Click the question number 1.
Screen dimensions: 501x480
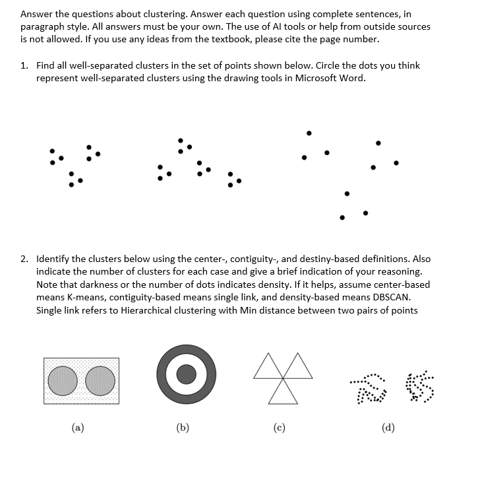24,65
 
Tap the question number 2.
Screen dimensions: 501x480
24,259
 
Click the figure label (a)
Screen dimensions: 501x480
78,427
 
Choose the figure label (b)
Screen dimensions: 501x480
183,427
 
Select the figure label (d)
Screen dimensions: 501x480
388,427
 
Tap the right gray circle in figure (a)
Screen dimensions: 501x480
100,381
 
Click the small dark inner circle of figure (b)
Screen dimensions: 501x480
186,374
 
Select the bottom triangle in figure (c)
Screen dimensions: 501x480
283,393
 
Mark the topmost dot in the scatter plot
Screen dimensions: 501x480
308,133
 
